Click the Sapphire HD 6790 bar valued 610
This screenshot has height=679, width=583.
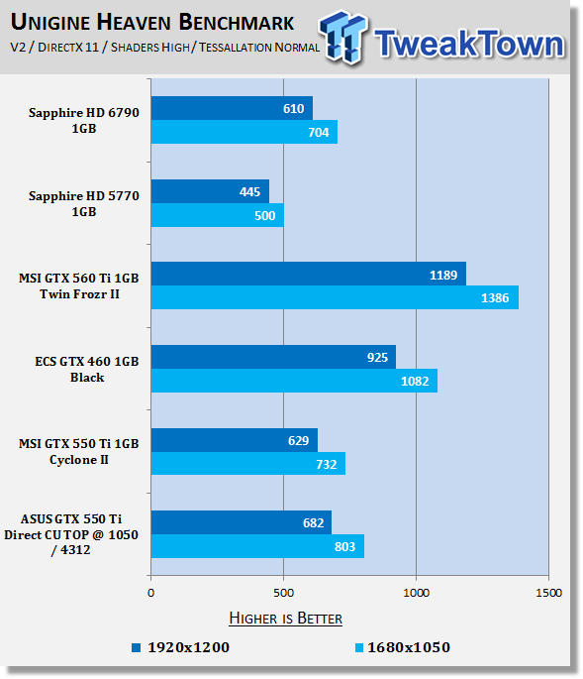(x=232, y=108)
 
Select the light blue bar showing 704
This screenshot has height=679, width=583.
(x=244, y=132)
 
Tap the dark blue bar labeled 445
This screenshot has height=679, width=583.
(x=210, y=191)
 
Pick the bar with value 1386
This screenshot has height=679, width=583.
(x=335, y=297)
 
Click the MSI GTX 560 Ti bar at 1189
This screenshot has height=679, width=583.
(x=309, y=274)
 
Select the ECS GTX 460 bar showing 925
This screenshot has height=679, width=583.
(x=273, y=357)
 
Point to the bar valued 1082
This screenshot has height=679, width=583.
(x=294, y=381)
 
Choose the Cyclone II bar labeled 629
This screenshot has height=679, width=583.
(x=235, y=440)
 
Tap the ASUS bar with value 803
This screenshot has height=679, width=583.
(x=257, y=546)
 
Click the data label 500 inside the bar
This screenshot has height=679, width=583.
(x=264, y=216)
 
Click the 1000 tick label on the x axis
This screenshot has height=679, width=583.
(x=416, y=593)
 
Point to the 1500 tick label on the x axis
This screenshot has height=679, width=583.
(x=548, y=593)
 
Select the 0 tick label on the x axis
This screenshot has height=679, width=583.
(x=150, y=593)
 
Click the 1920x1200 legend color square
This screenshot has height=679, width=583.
(x=137, y=648)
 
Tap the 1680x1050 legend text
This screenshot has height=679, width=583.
(x=409, y=647)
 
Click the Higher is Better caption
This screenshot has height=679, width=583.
(x=285, y=618)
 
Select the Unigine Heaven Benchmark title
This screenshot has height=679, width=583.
(x=152, y=22)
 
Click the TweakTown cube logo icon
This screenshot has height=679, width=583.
(x=343, y=38)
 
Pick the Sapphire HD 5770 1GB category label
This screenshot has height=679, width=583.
(x=84, y=203)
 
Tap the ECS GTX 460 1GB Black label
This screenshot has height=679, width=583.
(x=87, y=370)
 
